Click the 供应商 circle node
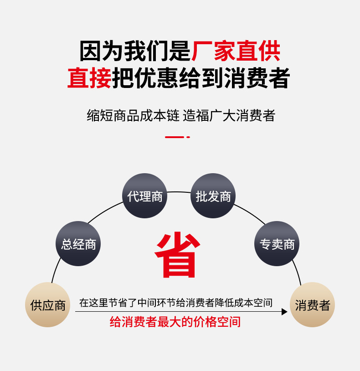coord(48,304)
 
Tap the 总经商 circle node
coord(78,244)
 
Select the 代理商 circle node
coord(145,196)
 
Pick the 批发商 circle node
coord(213,196)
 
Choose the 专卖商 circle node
coord(277,244)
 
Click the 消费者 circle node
coord(312,304)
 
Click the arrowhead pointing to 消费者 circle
coord(284,312)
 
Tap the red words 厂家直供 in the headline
coord(236,51)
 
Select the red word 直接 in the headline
coord(89,77)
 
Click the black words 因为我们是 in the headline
coord(135,51)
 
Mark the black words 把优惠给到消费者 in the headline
coord(201,77)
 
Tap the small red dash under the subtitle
coord(177,137)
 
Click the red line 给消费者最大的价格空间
coord(175,322)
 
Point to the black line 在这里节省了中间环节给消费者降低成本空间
coord(175,303)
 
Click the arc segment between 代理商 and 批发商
coord(179,192)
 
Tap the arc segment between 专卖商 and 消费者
coord(298,273)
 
